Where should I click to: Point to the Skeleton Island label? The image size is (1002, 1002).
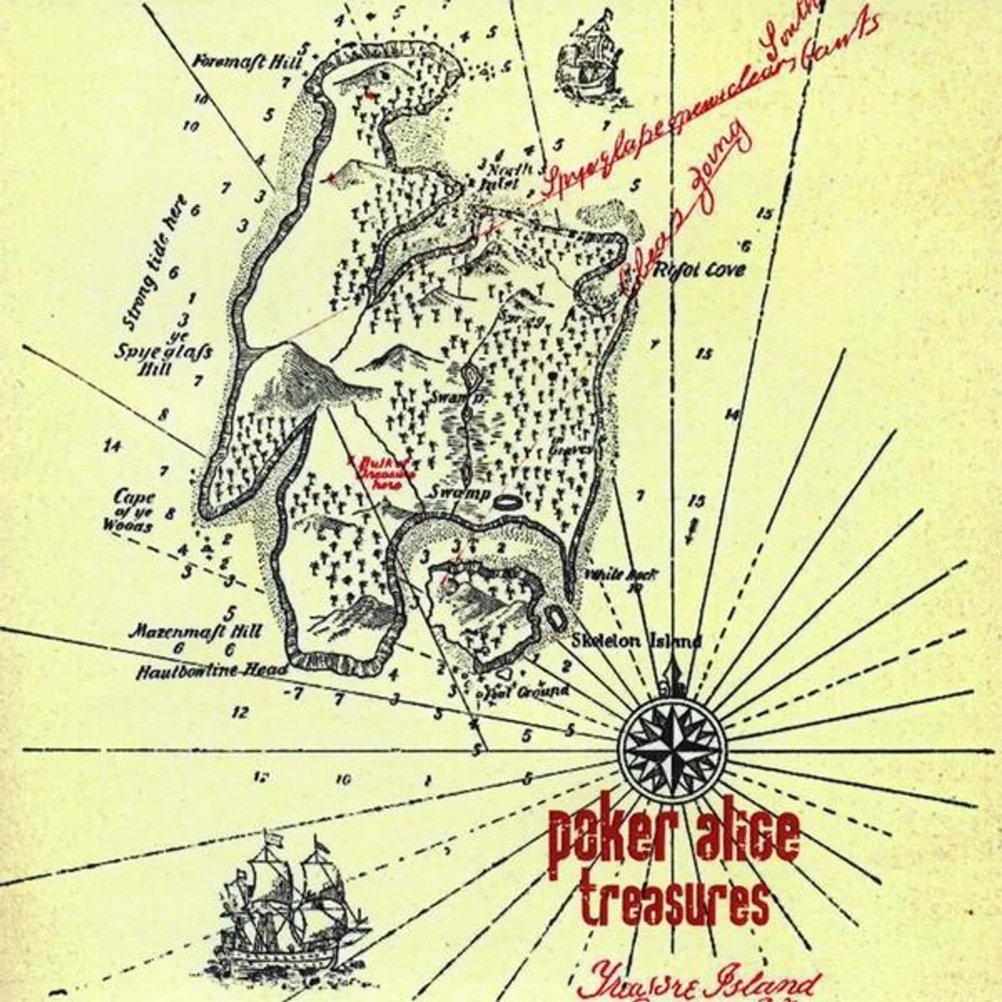point(636,641)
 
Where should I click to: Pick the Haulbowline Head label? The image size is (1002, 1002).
point(212,671)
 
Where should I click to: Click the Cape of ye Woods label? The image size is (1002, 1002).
point(134,510)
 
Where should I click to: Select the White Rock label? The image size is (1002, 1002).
point(621,575)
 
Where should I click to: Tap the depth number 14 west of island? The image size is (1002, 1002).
point(112,446)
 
